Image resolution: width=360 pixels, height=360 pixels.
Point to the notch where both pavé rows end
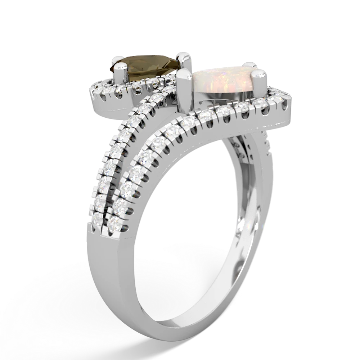pos(108,230)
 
